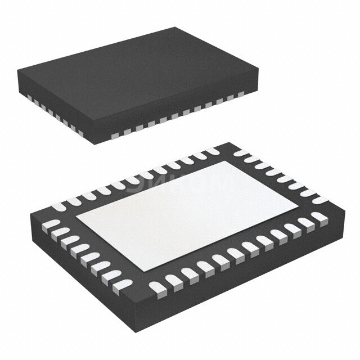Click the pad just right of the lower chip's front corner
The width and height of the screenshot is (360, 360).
pyautogui.click(x=158, y=287)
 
